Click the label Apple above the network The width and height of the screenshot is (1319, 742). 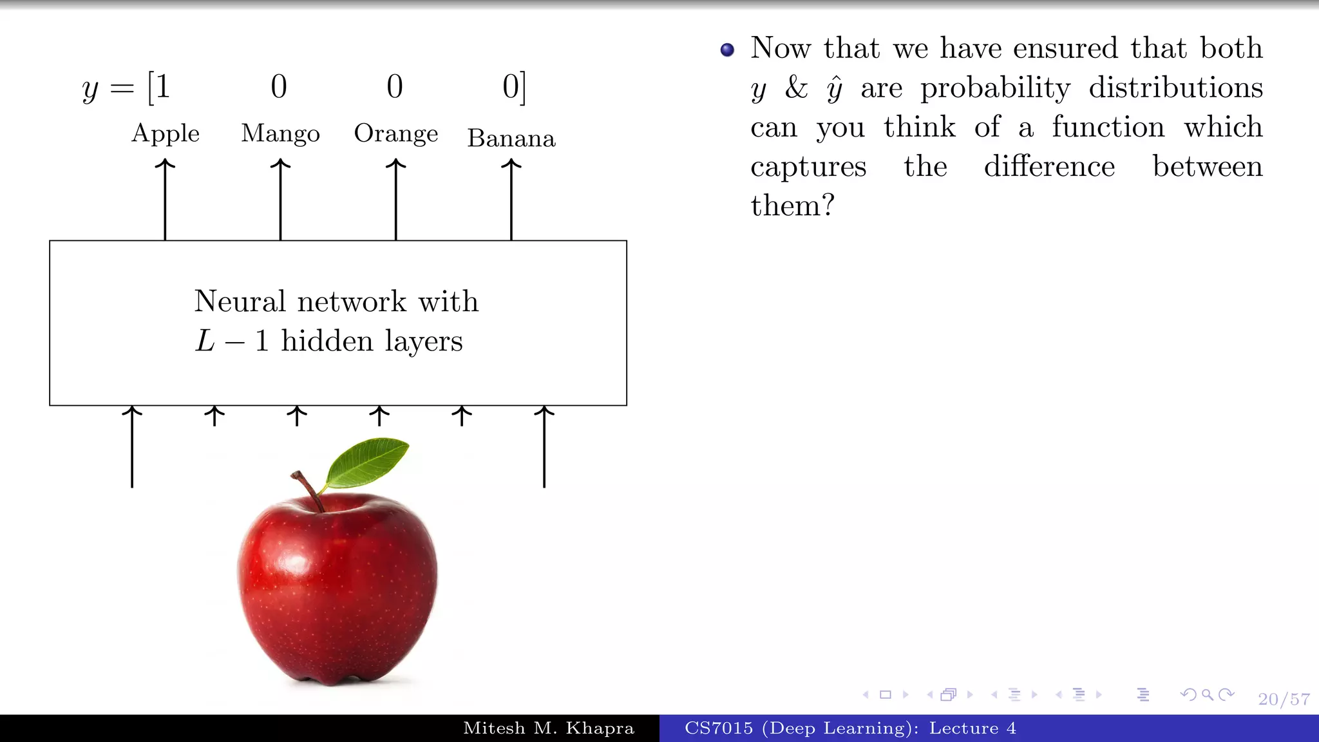[166, 134]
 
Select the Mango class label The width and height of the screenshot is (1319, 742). [280, 134]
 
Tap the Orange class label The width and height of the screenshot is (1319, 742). [395, 134]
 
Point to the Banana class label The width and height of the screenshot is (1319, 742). [511, 138]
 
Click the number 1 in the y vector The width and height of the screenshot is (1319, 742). [162, 86]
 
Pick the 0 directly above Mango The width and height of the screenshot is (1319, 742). [279, 86]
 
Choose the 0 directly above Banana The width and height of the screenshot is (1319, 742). [510, 86]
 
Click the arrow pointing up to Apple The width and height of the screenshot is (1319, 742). [165, 200]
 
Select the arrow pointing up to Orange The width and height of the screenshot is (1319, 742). [395, 200]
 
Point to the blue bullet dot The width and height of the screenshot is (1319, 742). [727, 50]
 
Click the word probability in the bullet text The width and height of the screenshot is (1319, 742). [995, 88]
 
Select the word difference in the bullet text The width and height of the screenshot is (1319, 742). [1049, 167]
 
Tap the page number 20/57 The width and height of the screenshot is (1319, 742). [1284, 699]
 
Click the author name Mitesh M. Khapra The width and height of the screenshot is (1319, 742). [549, 728]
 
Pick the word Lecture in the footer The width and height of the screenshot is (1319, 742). [963, 728]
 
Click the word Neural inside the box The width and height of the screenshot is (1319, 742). [240, 301]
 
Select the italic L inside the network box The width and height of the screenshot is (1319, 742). [205, 341]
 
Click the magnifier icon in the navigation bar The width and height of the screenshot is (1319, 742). [1208, 694]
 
